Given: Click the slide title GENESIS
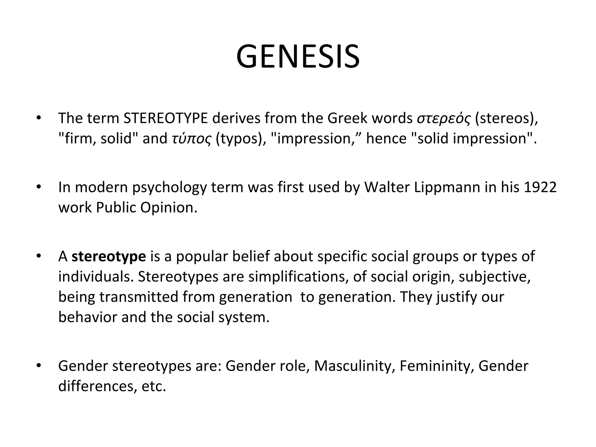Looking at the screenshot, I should tap(298, 56).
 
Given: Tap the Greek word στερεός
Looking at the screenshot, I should tap(444, 119).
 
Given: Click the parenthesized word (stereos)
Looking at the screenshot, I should tap(506, 118).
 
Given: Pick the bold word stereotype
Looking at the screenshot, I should tap(109, 256).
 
